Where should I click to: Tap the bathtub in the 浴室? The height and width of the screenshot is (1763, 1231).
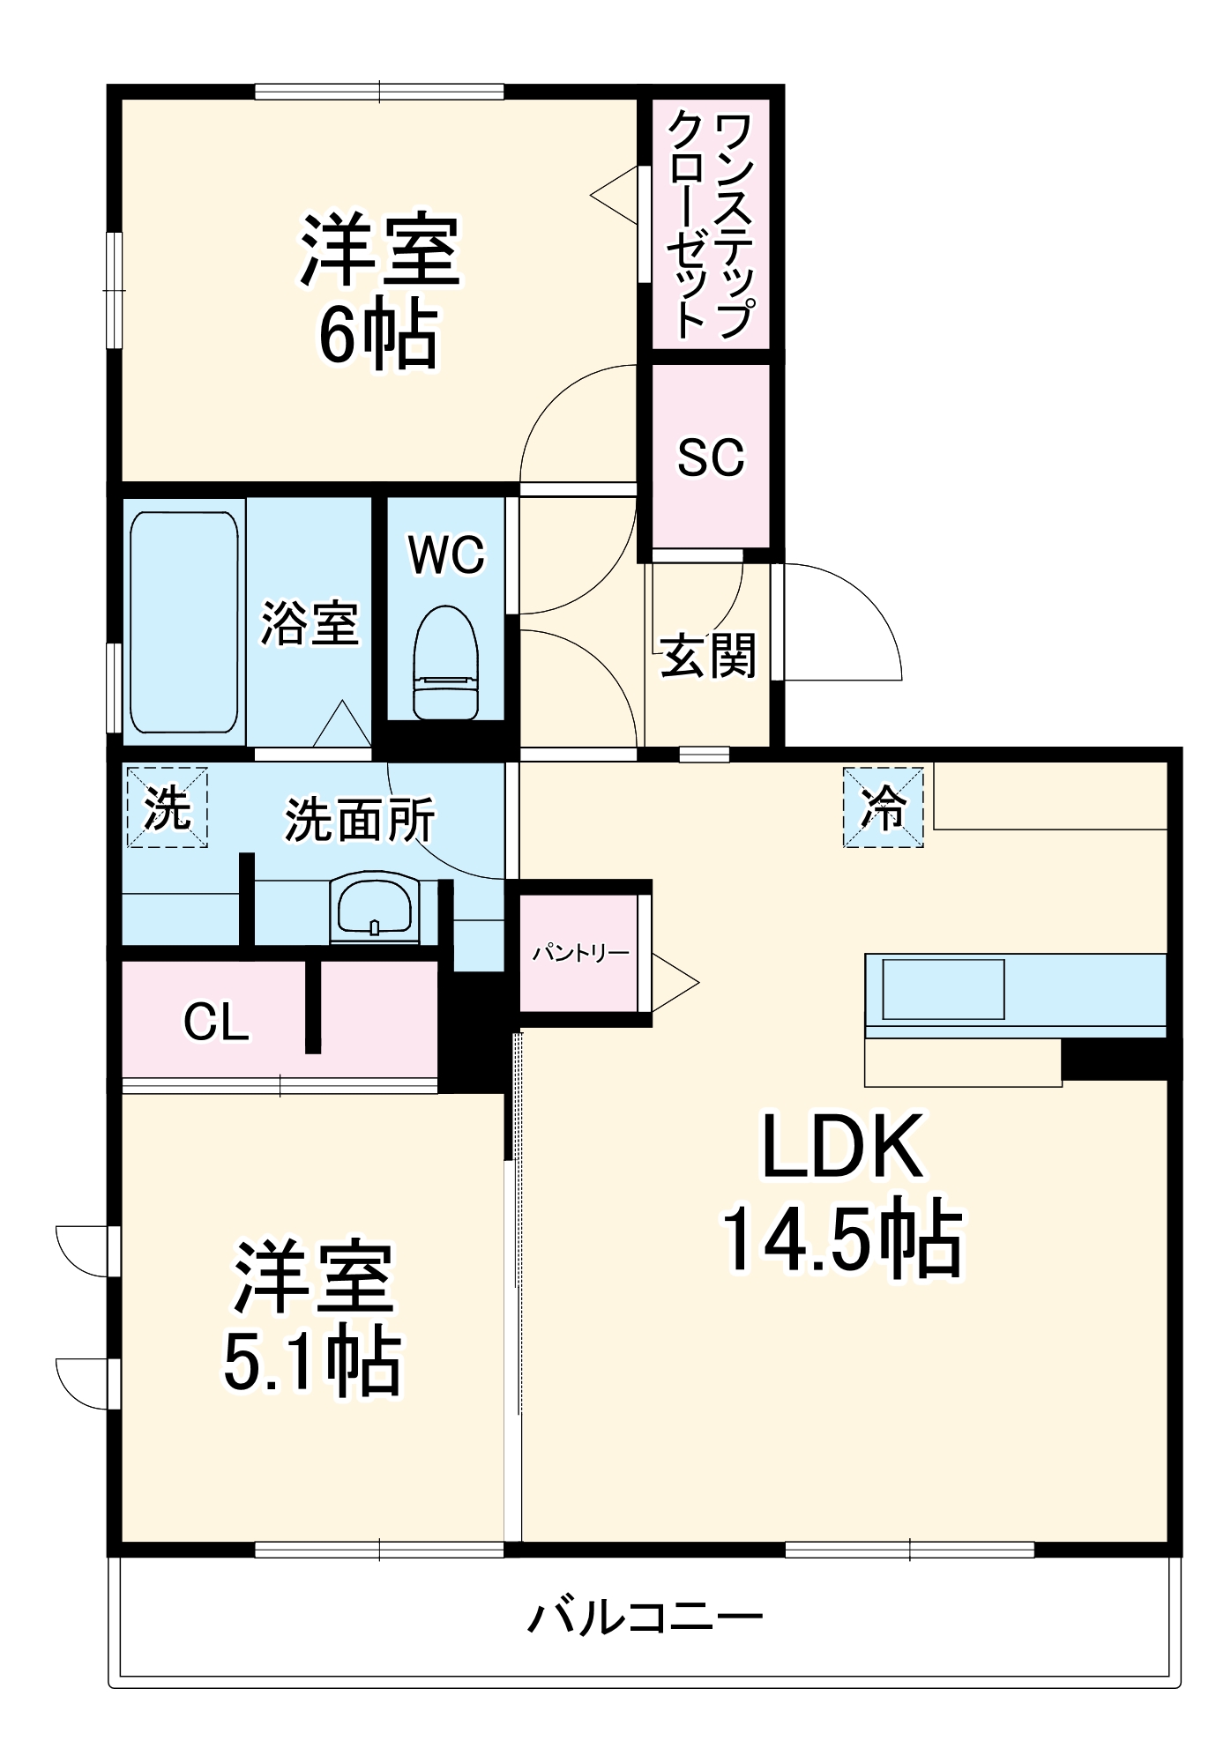click(183, 622)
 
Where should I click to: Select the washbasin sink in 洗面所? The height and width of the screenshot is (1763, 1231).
click(375, 908)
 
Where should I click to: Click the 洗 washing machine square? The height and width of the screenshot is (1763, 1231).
click(167, 807)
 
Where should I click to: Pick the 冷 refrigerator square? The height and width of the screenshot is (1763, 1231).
click(883, 807)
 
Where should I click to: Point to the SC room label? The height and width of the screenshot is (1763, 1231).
click(711, 457)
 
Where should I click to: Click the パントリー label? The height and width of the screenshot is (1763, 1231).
click(580, 954)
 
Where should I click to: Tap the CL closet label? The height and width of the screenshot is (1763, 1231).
click(216, 1023)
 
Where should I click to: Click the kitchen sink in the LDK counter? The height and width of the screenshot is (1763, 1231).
click(944, 989)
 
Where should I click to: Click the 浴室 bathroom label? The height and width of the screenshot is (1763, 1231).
click(309, 623)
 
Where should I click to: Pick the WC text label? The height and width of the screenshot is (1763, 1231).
click(446, 555)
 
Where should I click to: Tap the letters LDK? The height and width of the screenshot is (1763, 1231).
click(842, 1146)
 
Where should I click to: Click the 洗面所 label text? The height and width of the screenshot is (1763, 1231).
click(359, 820)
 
